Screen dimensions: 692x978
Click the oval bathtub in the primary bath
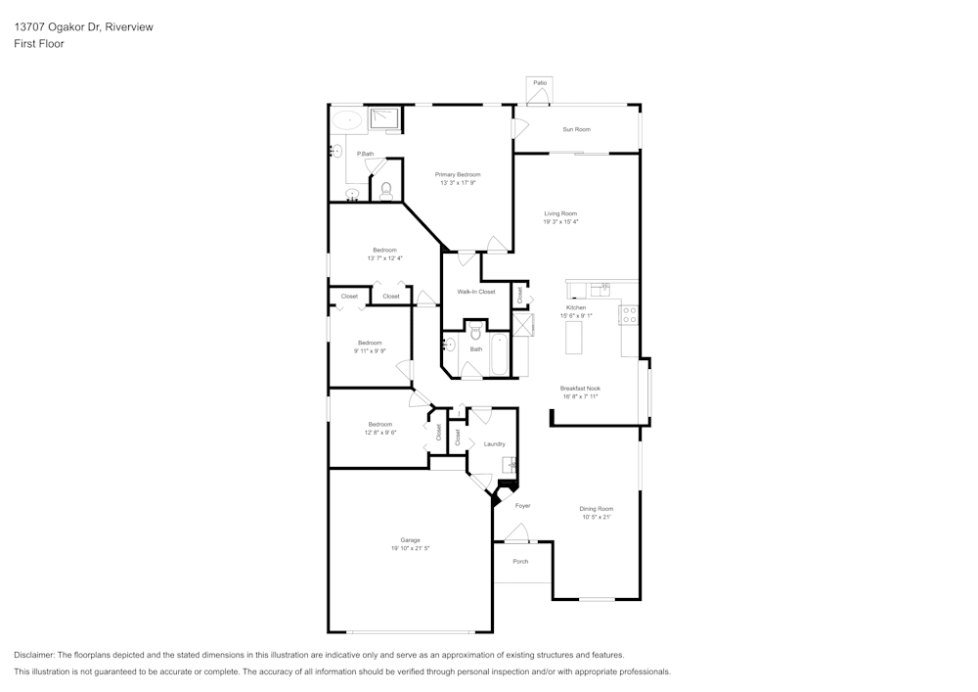[x=346, y=120]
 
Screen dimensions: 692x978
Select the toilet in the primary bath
[x=386, y=190]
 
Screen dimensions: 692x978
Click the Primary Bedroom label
[x=458, y=174]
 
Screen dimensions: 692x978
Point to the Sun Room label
[x=576, y=129]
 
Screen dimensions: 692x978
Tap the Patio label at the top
[x=540, y=83]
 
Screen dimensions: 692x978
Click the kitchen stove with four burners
[x=631, y=315]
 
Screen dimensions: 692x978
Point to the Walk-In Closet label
[x=476, y=292]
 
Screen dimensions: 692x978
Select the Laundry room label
[x=494, y=444]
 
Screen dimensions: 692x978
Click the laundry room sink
[x=509, y=465]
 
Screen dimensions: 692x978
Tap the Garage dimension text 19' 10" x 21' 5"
[x=410, y=548]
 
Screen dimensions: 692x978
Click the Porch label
[x=520, y=561]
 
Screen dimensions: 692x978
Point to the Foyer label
[x=523, y=506]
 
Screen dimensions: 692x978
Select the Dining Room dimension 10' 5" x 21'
[x=596, y=517]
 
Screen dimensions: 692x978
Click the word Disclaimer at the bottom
[x=34, y=655]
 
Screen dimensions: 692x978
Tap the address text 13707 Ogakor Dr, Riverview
[x=83, y=27]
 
